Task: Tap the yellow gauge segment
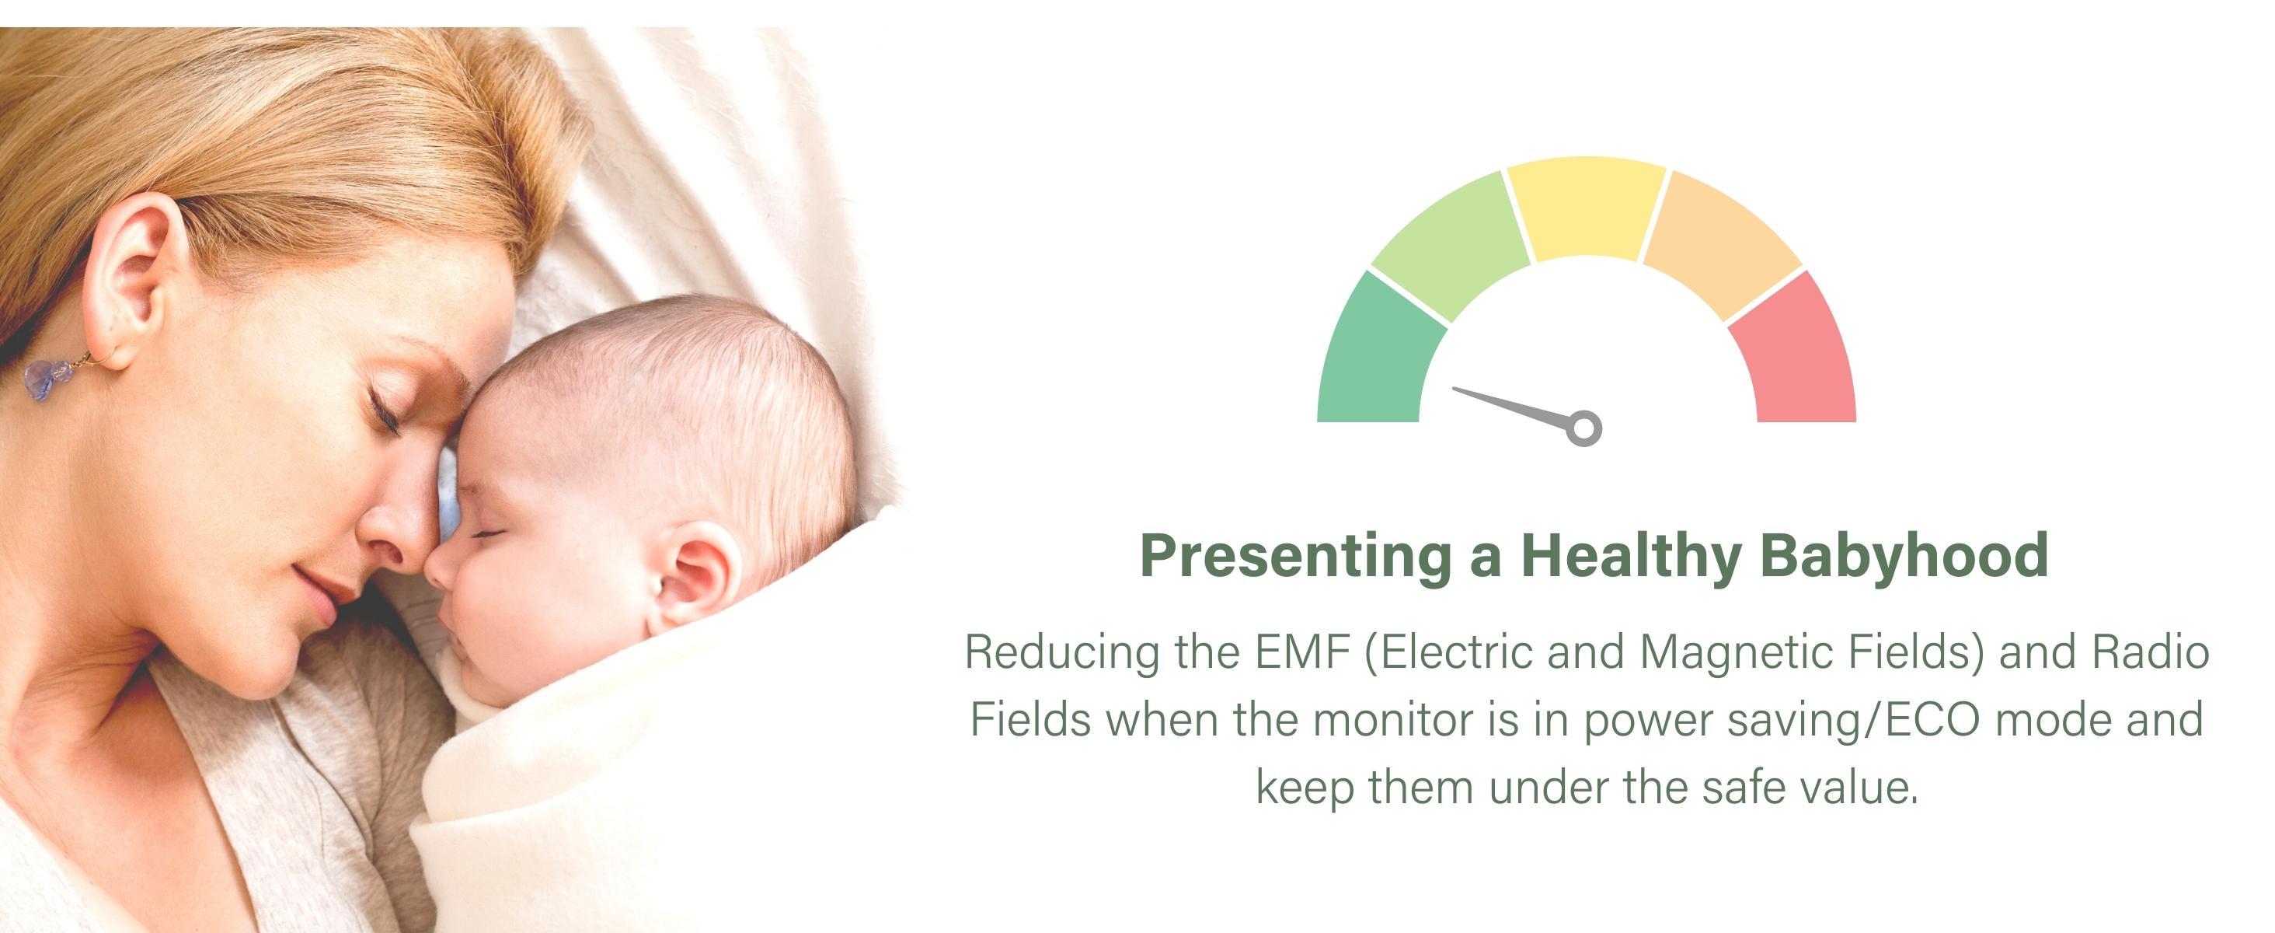pos(1586,208)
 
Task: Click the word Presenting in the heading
pos(1295,557)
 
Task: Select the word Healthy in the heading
pos(1630,557)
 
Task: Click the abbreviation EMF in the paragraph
pos(1303,652)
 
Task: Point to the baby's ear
pos(698,572)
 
